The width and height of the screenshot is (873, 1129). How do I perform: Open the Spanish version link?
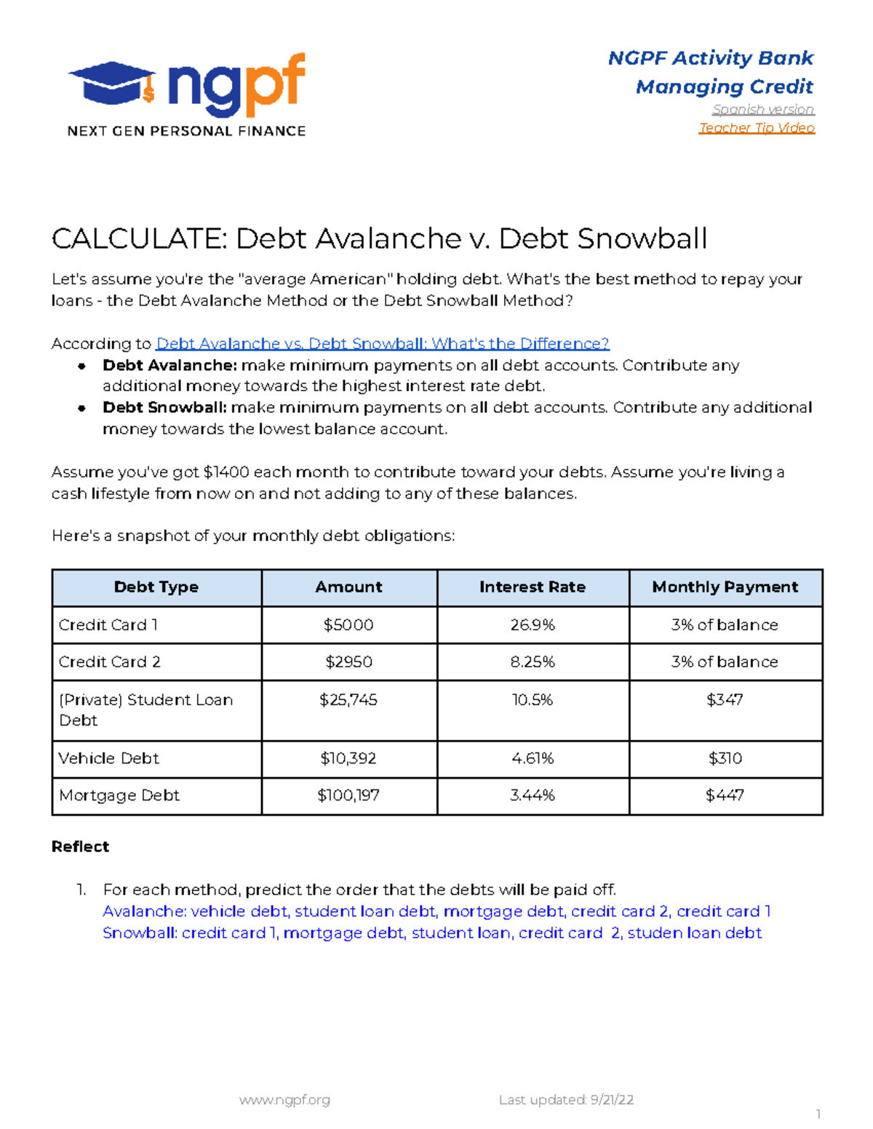(x=762, y=110)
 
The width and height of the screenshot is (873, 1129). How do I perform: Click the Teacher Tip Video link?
(x=756, y=128)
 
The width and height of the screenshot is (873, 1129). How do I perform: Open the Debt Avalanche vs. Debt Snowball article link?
(x=383, y=344)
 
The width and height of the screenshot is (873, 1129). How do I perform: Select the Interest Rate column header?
(x=532, y=587)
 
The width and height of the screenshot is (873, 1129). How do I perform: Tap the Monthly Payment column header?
(x=725, y=587)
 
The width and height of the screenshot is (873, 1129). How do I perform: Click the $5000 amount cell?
(x=348, y=625)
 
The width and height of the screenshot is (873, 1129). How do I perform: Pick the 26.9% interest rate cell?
(x=532, y=625)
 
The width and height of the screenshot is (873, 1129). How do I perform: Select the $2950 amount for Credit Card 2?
(x=348, y=662)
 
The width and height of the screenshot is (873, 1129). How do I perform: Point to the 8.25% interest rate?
(x=532, y=662)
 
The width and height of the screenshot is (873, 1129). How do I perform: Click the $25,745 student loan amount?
(x=348, y=700)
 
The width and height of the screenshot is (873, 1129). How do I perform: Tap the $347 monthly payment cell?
(x=725, y=700)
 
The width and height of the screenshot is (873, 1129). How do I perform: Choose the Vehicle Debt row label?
(x=108, y=758)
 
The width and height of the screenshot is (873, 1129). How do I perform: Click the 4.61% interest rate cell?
(x=532, y=758)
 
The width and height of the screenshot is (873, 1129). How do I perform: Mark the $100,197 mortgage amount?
(x=348, y=795)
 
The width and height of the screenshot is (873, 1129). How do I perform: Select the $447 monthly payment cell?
(x=725, y=795)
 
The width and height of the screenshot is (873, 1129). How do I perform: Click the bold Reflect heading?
(x=80, y=847)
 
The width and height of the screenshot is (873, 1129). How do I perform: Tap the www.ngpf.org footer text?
(x=284, y=1100)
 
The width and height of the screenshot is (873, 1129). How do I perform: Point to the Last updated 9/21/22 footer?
(x=566, y=1100)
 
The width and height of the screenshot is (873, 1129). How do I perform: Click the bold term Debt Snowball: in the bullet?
(x=164, y=408)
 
